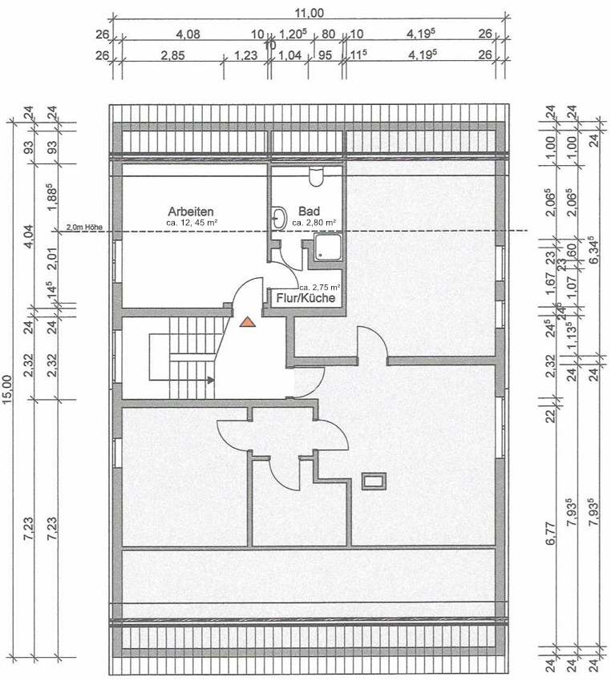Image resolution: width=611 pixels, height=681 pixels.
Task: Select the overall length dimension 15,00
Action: point(8,392)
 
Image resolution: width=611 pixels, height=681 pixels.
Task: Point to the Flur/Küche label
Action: point(307,297)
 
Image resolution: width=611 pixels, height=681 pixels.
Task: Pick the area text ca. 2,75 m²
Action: point(320,286)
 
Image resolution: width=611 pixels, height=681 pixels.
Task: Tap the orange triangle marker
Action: point(248,321)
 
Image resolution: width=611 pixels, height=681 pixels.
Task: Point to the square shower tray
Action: point(329,248)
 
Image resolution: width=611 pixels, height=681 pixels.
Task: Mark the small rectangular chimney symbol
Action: point(374,481)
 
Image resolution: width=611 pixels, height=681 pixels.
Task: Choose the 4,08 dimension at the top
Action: point(187,34)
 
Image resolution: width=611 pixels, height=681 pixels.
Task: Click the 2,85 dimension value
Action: point(172,55)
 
